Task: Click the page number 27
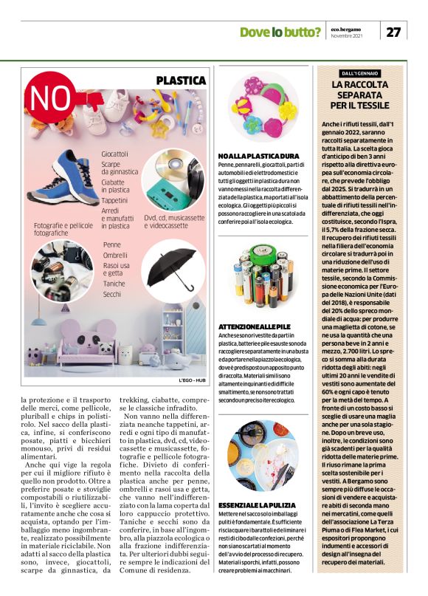coord(394,32)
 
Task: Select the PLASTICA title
coord(181,80)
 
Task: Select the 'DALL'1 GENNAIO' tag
coord(361,73)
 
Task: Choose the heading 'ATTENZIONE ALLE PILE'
coord(255,325)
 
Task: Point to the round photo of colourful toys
coord(263,109)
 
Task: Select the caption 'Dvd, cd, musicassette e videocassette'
coord(173,222)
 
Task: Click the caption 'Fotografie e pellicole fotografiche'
coord(64,229)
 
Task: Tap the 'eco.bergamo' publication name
coord(346,29)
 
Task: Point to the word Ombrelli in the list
coord(115,254)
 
